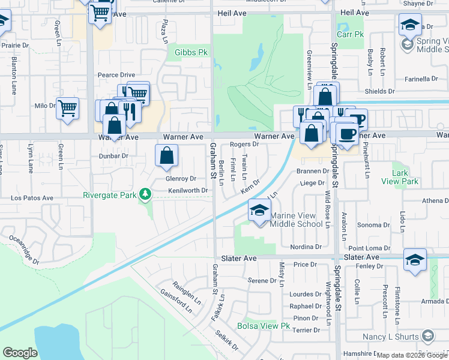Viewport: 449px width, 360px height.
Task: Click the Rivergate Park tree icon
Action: coord(144,194)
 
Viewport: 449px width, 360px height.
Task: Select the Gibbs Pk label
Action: coord(191,53)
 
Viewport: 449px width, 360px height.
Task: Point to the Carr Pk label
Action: coord(351,34)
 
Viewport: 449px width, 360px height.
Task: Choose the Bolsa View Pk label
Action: coord(264,326)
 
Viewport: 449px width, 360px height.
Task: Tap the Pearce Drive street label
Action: coord(116,75)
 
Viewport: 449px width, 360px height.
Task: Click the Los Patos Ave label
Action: coord(32,197)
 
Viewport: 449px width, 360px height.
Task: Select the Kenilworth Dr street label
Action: coord(187,190)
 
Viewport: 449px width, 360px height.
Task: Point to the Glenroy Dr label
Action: coord(181,179)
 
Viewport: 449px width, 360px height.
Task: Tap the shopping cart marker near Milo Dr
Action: coord(68,109)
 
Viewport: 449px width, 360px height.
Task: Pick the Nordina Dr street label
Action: coord(306,247)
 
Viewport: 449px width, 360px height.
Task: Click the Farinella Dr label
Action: coord(425,79)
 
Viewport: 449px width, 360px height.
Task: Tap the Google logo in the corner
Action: coord(20,353)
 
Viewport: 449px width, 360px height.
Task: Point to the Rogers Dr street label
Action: coord(244,144)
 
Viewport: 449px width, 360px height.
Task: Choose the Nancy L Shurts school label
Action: coord(391,337)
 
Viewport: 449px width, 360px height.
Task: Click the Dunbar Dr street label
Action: coord(113,156)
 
